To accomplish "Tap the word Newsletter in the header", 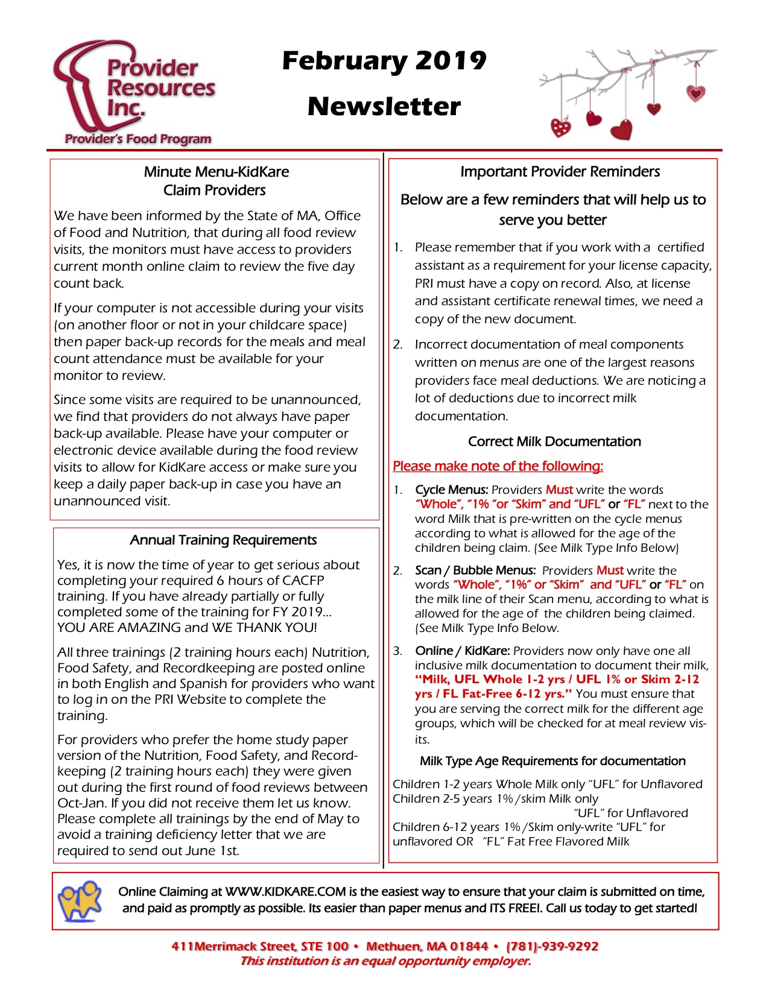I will [x=384, y=107].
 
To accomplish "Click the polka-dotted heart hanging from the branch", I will [x=561, y=128].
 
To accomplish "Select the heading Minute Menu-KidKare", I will [x=216, y=172].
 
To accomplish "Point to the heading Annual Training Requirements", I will [x=223, y=540].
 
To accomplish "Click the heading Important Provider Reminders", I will [x=560, y=172].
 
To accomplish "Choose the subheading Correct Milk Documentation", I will [x=554, y=441].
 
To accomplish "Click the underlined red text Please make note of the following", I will [x=498, y=466].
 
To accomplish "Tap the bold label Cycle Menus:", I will [x=452, y=490].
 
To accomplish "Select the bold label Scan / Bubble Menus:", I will [x=475, y=570].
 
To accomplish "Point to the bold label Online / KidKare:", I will [x=463, y=651].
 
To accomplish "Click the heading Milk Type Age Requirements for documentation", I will [x=552, y=761].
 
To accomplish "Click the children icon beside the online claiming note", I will [x=80, y=900].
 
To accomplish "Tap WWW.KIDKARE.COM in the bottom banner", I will [x=285, y=892].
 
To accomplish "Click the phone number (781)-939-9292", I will [x=552, y=946].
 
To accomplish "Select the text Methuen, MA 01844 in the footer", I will [x=426, y=946].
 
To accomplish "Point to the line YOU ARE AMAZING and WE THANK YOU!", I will [x=186, y=628].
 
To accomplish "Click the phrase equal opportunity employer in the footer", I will [x=443, y=961].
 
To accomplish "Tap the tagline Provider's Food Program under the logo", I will [x=138, y=139].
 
